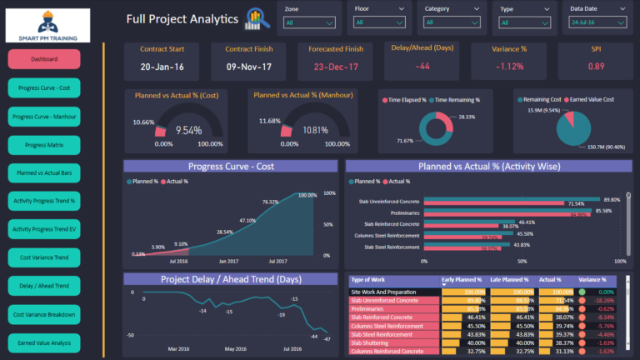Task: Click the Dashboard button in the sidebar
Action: (44, 59)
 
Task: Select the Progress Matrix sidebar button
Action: (44, 145)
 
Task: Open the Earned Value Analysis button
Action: (44, 342)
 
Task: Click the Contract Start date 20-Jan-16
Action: (162, 66)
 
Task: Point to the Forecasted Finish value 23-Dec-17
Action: (337, 66)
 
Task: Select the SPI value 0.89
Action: (596, 66)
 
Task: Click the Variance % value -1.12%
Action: (509, 66)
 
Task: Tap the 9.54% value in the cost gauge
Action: (188, 131)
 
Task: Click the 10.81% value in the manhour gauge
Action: (313, 131)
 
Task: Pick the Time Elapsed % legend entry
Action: (409, 99)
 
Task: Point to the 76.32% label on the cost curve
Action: (271, 202)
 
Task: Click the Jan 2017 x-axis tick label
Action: (228, 261)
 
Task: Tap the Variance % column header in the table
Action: (592, 280)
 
